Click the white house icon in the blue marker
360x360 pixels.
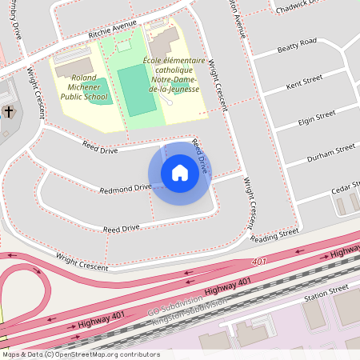point(180,173)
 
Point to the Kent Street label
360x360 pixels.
point(304,81)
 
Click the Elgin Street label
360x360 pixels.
point(315,117)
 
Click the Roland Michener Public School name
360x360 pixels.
point(83,89)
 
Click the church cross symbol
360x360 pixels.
point(8,111)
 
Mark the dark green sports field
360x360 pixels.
point(136,89)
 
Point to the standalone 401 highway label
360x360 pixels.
point(258,262)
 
